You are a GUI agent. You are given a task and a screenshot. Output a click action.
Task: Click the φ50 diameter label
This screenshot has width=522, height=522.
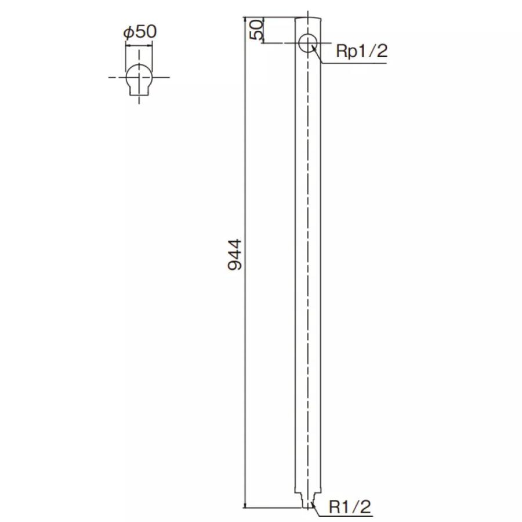coord(139,32)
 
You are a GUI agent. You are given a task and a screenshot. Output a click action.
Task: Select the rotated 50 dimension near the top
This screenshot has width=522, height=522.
coord(257,30)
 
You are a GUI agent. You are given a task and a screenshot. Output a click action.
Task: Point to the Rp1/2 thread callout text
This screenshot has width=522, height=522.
coord(362,51)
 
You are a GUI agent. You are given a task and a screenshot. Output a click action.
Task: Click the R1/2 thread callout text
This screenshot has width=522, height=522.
coord(350,507)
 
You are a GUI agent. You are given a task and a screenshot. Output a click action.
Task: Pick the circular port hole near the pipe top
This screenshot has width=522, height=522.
coord(309,43)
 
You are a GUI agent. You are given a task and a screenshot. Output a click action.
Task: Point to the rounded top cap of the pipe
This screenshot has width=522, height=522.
coord(309,19)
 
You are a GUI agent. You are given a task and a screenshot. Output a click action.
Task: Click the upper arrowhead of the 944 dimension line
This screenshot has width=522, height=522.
coord(245,19)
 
